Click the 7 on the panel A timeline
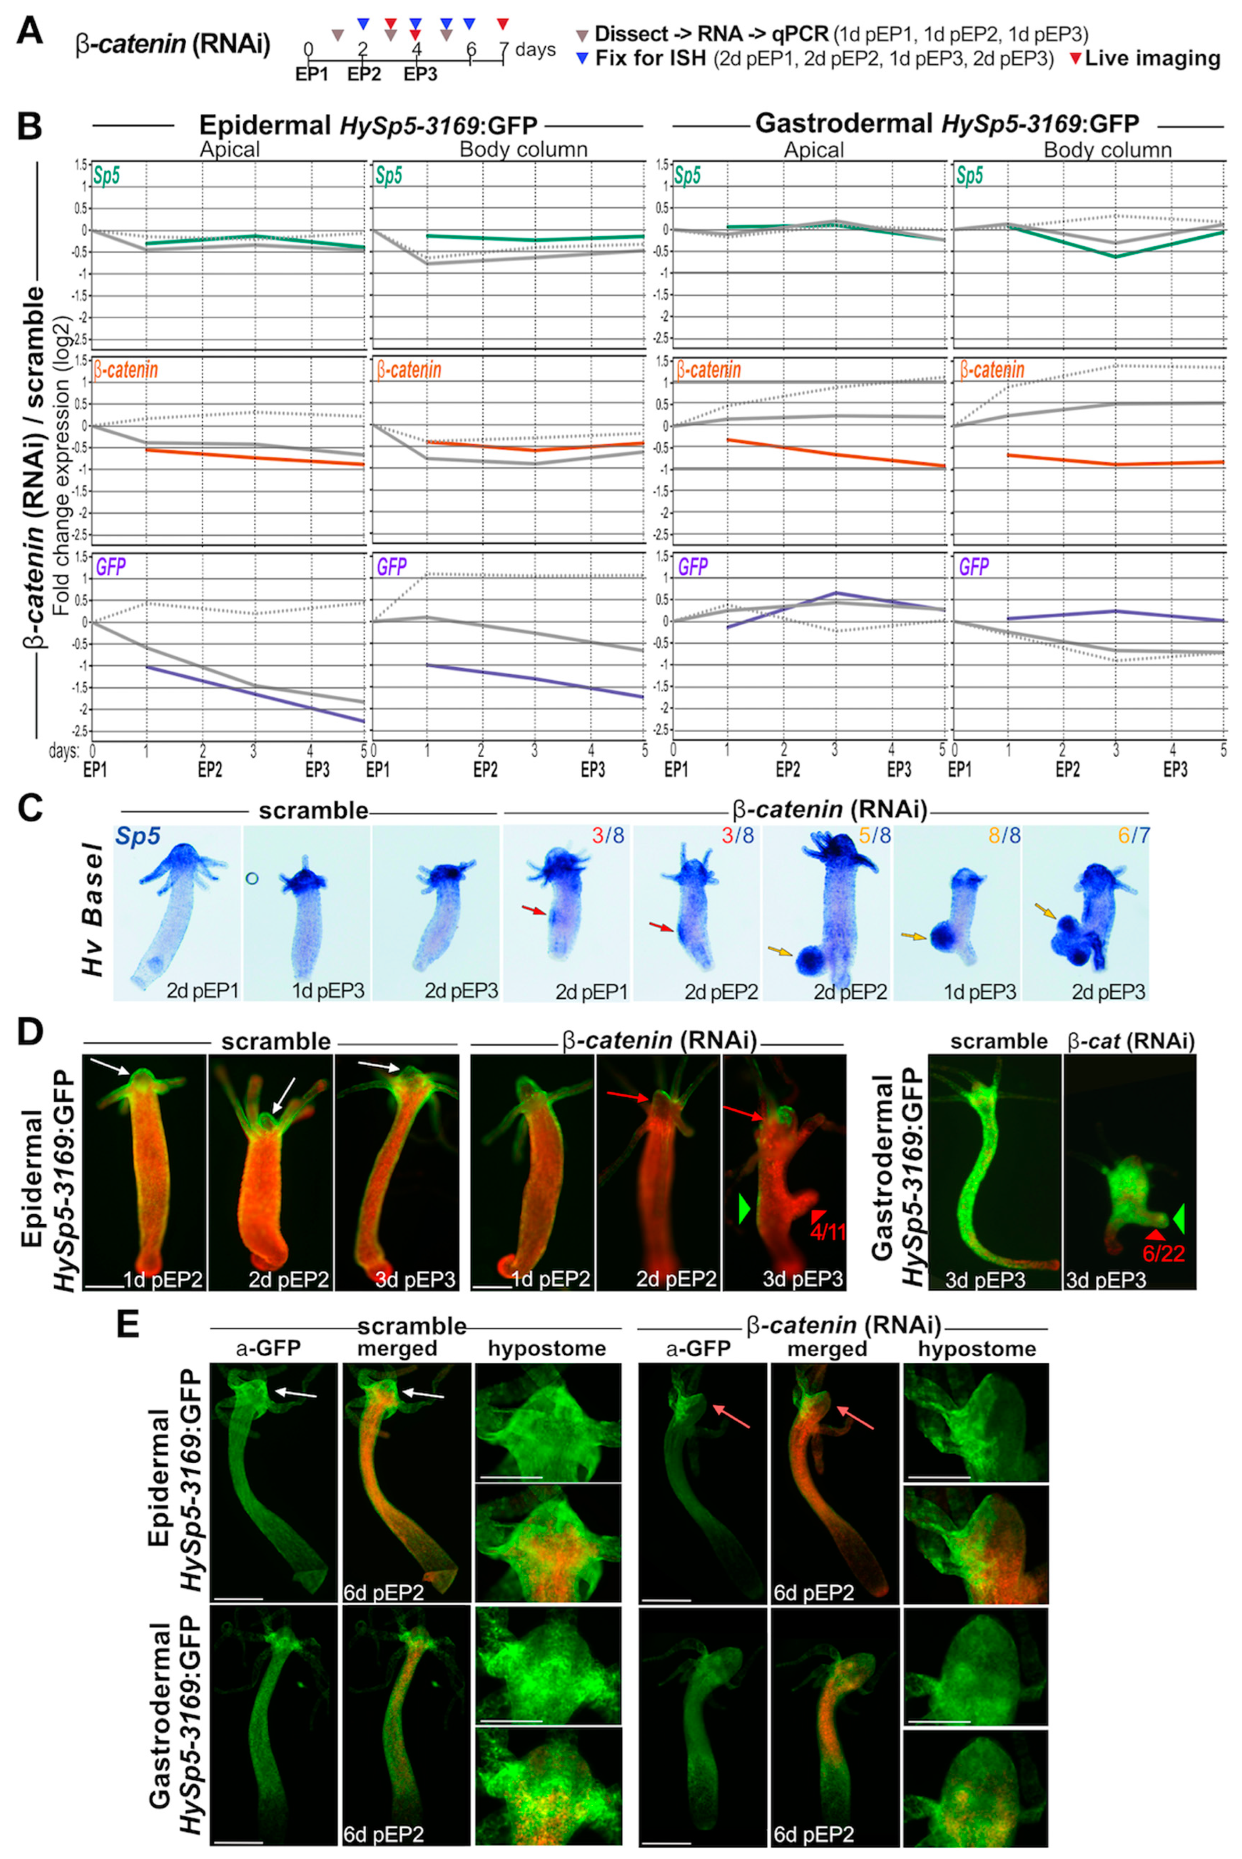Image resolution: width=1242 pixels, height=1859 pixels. tap(504, 49)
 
